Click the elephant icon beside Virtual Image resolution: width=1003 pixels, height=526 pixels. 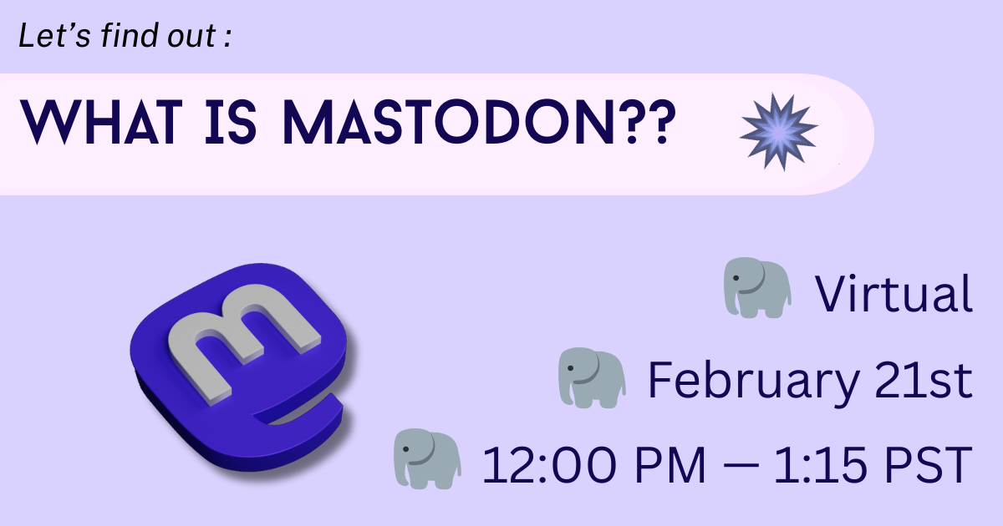[x=756, y=287]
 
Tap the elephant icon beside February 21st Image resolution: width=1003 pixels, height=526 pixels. [x=591, y=378]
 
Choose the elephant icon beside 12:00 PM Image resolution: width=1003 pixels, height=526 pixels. [x=427, y=458]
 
